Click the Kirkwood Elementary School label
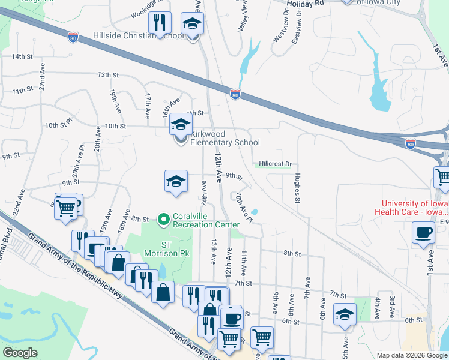tap(224, 138)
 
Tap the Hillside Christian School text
tap(139, 35)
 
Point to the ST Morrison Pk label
tap(175, 249)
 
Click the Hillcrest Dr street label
tap(275, 164)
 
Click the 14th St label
tap(22, 56)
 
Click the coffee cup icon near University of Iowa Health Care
tap(423, 232)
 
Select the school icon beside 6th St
tap(344, 315)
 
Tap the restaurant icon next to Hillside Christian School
tap(160, 23)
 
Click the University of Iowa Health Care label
tap(412, 208)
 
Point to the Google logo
tap(20, 353)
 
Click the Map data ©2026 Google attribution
tap(411, 355)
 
